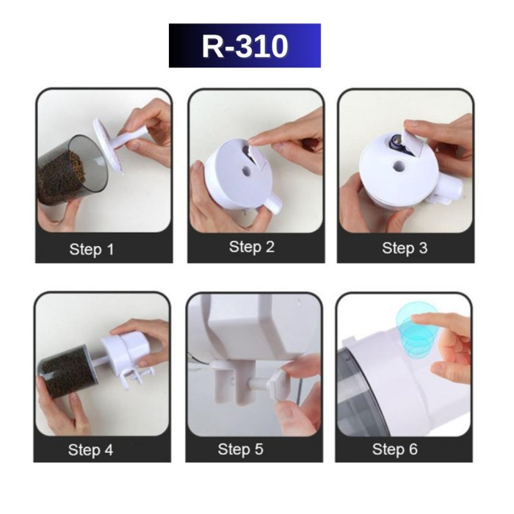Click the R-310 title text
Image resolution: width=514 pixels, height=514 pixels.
pyautogui.click(x=245, y=46)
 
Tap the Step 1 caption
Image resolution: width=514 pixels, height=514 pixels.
pyautogui.click(x=92, y=249)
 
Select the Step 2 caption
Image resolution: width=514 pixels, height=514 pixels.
pyautogui.click(x=251, y=247)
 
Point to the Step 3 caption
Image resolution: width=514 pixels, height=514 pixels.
pyautogui.click(x=405, y=248)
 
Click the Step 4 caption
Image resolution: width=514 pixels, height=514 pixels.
pyautogui.click(x=90, y=449)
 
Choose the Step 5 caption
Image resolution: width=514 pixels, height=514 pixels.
pyautogui.click(x=240, y=449)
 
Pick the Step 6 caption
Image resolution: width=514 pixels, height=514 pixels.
pyautogui.click(x=395, y=449)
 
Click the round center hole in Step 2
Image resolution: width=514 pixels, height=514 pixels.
pyautogui.click(x=246, y=171)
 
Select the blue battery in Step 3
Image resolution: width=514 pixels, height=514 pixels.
pyautogui.click(x=398, y=144)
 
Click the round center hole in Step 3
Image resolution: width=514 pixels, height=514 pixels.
pyautogui.click(x=399, y=165)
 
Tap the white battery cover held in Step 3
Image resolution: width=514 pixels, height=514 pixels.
pyautogui.click(x=411, y=144)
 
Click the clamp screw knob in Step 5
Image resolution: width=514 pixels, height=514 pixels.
pyautogui.click(x=276, y=383)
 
